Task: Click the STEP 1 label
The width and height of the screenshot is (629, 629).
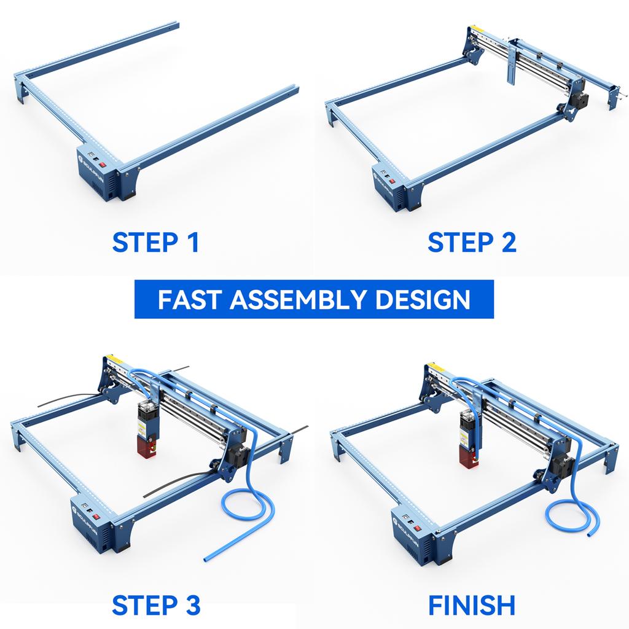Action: coord(155,242)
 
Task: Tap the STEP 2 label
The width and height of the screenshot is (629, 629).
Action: coord(472,242)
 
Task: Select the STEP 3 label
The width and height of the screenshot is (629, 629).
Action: coord(156,605)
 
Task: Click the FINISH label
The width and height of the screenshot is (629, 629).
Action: coord(472,605)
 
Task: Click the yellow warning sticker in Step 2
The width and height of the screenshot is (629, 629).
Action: coord(474,29)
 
